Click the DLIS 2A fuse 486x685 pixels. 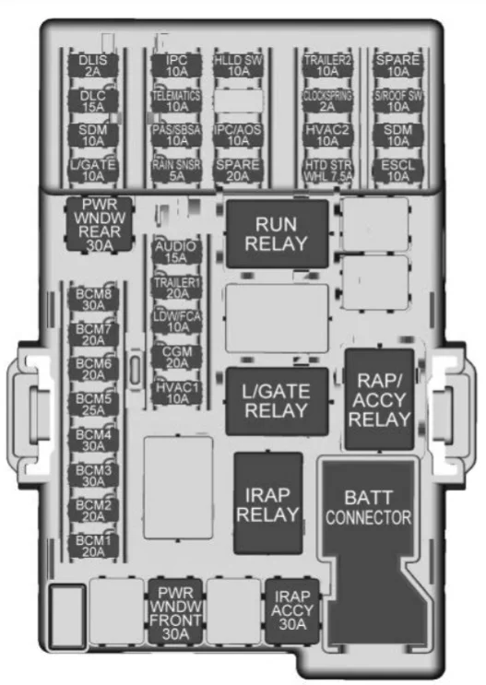[x=93, y=65]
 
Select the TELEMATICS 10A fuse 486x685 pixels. [x=176, y=100]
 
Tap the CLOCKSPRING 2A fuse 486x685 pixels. [x=327, y=100]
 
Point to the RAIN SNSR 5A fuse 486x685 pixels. [x=176, y=171]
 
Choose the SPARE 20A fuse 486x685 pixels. [x=238, y=171]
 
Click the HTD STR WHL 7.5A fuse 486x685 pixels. [x=327, y=171]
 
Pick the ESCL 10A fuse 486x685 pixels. [x=397, y=171]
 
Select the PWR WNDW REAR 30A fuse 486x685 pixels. [x=100, y=225]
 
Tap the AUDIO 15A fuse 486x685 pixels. [x=176, y=252]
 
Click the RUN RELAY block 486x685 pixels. [x=277, y=234]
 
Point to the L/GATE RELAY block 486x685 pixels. [x=277, y=401]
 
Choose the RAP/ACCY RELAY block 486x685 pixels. [x=379, y=399]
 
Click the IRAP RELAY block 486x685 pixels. [x=268, y=503]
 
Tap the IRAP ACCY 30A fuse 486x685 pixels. [x=292, y=610]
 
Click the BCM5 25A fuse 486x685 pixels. [x=93, y=405]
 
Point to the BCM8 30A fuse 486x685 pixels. [x=93, y=300]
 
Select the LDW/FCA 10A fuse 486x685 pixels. [x=176, y=322]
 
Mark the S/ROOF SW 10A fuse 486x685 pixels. [x=397, y=100]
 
